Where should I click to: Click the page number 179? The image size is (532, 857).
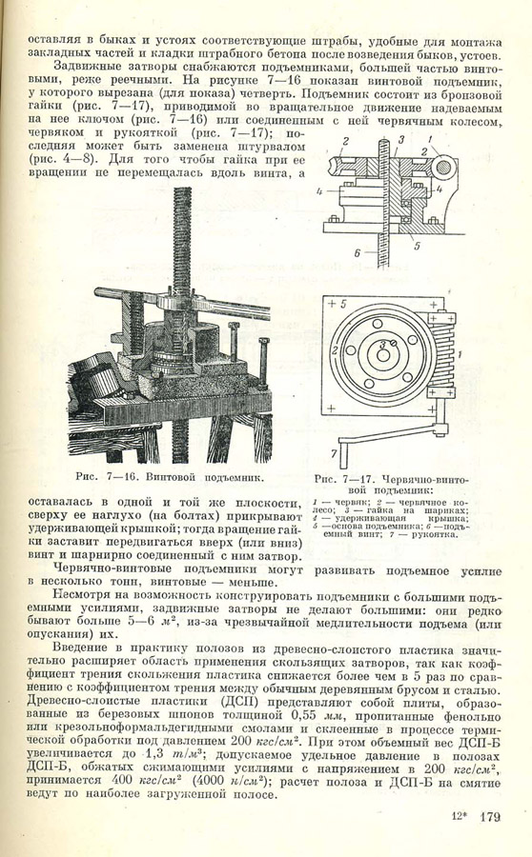point(490,817)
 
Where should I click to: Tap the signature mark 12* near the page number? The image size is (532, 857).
point(459,817)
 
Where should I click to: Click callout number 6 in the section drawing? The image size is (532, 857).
point(357,252)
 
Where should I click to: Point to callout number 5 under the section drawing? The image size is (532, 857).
point(417,246)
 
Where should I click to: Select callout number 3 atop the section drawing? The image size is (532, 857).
point(400,140)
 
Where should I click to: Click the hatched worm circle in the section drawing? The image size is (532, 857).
point(445,166)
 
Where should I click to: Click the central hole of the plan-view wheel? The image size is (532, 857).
point(383,355)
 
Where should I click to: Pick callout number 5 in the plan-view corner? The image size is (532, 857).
point(342,304)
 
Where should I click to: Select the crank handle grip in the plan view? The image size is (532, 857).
point(343,449)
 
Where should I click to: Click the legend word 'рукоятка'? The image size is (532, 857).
point(437,534)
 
